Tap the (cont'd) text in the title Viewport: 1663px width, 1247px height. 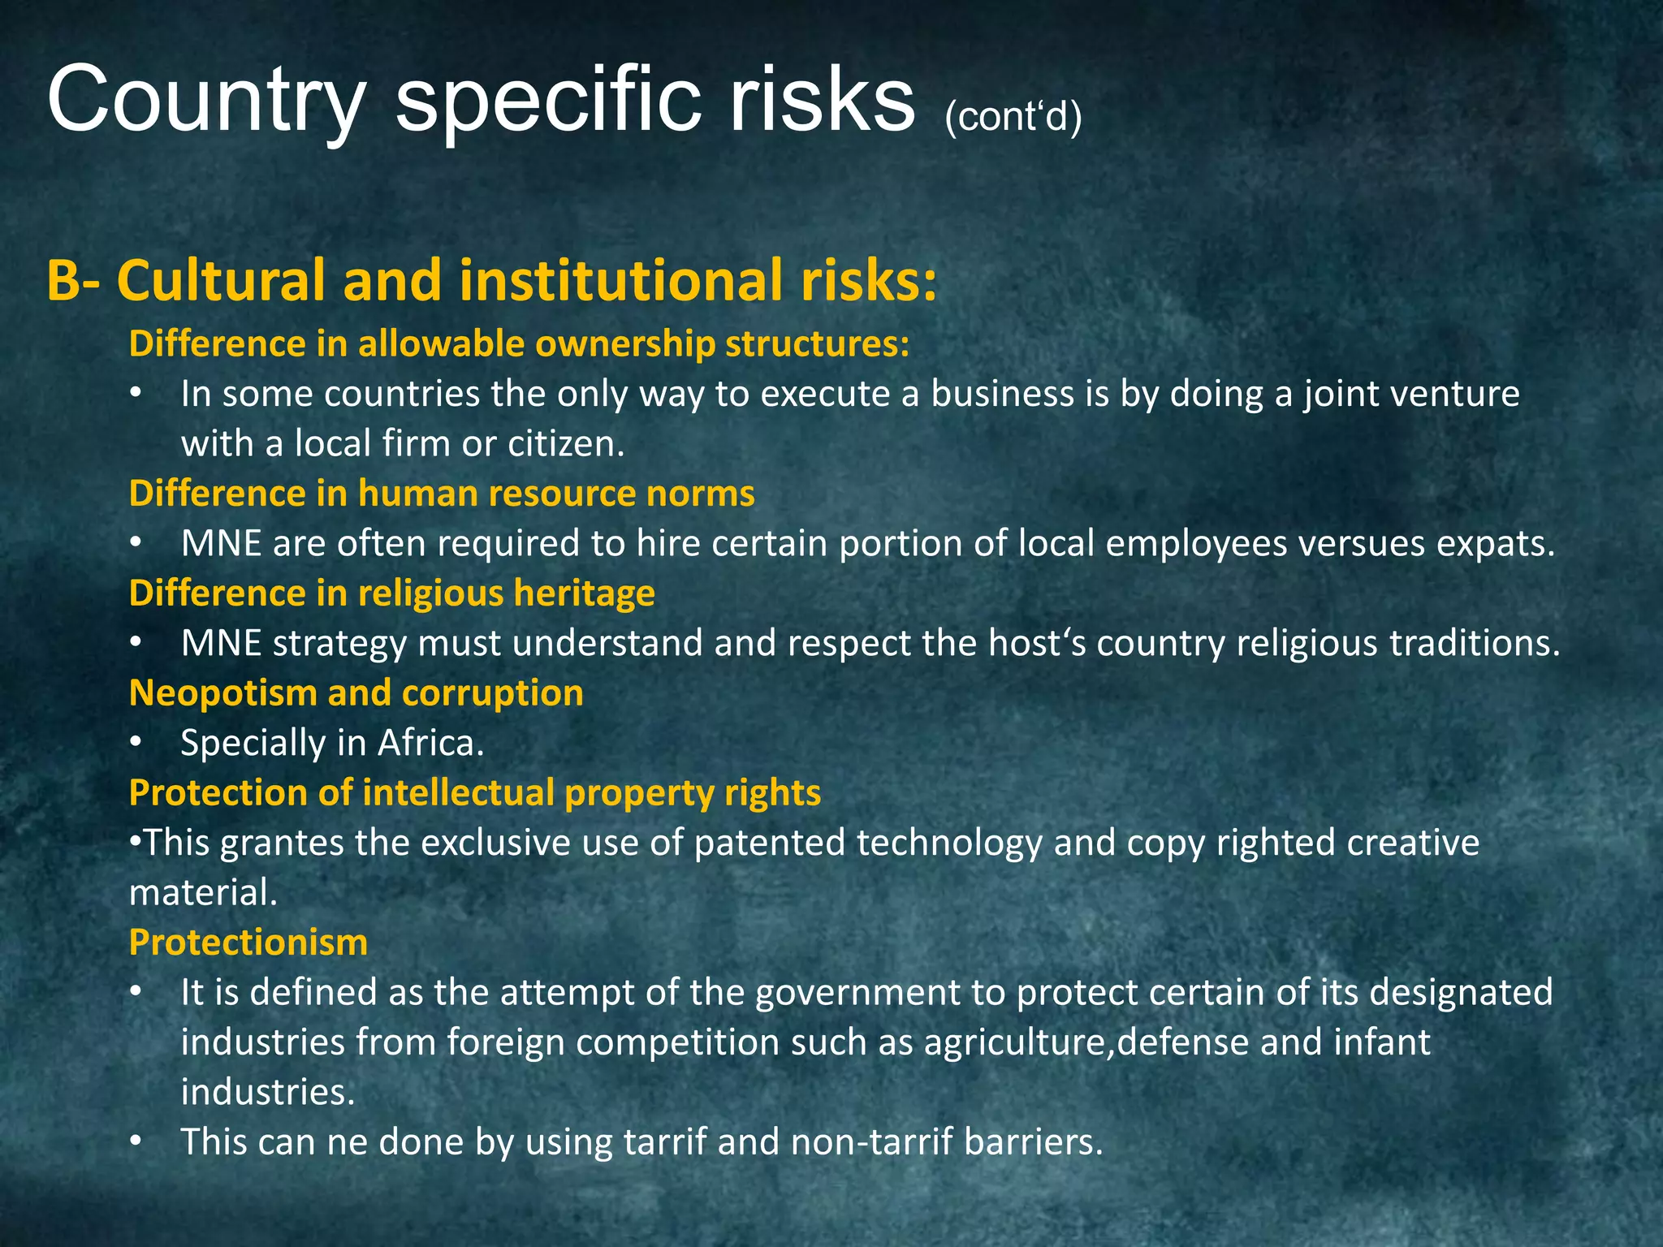1013,117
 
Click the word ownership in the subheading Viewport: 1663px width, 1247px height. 624,344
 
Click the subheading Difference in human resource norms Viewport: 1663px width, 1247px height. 442,494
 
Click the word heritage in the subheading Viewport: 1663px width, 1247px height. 584,593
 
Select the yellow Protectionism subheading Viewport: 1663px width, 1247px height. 248,943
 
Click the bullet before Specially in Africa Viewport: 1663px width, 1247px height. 136,743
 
